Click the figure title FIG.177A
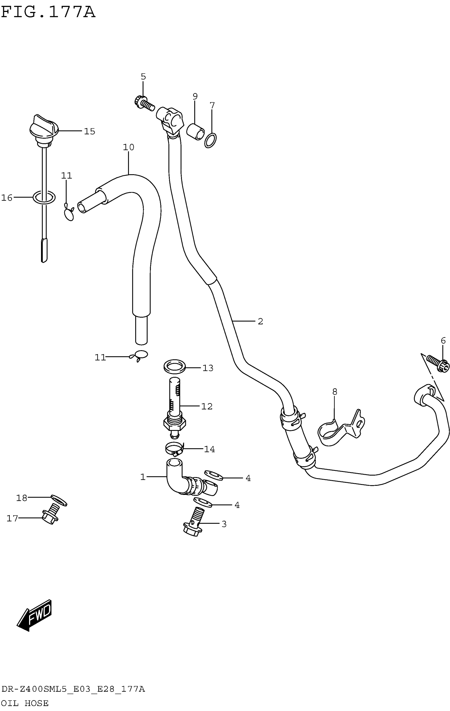[48, 12]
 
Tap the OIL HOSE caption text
[25, 703]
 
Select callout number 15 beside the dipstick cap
[89, 131]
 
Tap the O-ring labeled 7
[210, 140]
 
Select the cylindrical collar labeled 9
[195, 132]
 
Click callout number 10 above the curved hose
[129, 147]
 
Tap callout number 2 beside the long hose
[260, 321]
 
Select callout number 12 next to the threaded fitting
[206, 406]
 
